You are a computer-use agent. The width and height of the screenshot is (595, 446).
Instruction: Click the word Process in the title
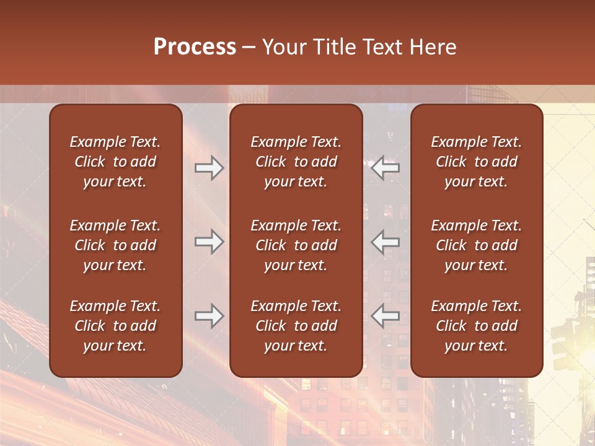tap(195, 47)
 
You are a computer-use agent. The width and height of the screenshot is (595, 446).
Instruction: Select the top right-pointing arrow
tap(209, 168)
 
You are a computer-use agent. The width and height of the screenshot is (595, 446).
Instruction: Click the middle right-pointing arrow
tap(209, 242)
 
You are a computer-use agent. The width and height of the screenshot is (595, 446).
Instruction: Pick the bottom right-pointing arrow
tap(209, 316)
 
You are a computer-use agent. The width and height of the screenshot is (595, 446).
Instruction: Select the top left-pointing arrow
tap(386, 168)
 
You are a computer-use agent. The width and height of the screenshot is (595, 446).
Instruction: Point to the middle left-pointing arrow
tap(386, 242)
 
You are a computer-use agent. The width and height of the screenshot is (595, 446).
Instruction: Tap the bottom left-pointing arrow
tap(386, 316)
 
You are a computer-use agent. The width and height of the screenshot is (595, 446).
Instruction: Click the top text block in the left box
tap(115, 162)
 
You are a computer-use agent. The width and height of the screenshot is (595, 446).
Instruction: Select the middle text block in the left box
tap(115, 245)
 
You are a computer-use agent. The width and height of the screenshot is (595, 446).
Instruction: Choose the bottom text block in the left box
tap(115, 326)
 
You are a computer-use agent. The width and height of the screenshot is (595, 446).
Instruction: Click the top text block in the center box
tap(296, 162)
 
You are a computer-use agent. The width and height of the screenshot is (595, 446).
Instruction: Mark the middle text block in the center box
tap(296, 245)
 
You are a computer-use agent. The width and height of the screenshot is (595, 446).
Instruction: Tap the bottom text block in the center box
tap(296, 326)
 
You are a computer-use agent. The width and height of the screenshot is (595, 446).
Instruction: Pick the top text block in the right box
tap(476, 162)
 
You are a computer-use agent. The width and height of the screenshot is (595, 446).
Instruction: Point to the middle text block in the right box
tap(476, 245)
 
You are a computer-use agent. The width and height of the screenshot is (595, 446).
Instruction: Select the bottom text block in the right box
tap(476, 326)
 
